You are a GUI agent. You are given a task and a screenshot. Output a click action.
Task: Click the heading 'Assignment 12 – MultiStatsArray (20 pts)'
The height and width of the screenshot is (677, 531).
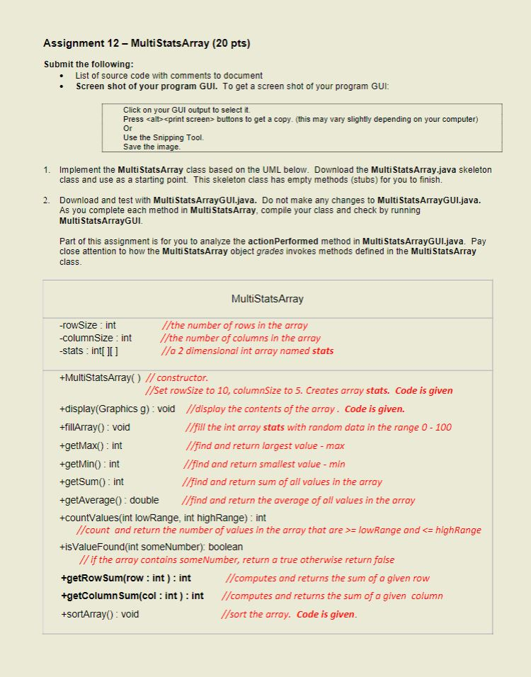coord(147,44)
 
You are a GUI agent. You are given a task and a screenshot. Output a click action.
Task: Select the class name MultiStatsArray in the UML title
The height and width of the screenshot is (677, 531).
coord(267,299)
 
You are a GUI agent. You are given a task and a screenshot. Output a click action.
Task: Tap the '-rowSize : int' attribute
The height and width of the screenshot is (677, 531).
coord(88,325)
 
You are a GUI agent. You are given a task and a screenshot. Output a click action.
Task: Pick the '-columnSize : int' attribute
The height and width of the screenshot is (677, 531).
coord(96,338)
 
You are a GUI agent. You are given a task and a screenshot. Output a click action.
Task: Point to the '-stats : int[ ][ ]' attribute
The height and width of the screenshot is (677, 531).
coord(88,351)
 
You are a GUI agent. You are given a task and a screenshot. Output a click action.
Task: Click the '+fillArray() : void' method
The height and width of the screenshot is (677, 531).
coord(95,427)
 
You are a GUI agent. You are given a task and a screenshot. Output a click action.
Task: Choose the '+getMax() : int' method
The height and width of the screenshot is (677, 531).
coord(91,445)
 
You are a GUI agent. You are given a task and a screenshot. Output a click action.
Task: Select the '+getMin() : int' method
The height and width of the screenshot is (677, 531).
coord(89,464)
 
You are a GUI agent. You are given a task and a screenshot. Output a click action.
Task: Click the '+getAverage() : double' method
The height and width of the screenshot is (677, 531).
coord(109,500)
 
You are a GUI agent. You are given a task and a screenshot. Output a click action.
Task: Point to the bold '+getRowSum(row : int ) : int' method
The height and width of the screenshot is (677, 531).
coord(126,578)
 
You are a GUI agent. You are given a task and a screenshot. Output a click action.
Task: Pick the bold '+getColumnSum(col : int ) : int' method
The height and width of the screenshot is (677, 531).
coord(132,596)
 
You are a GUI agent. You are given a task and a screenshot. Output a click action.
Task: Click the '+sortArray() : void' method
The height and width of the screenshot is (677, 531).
coord(99,614)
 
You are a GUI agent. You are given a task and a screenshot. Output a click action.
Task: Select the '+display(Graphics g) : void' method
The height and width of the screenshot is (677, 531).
coord(118,409)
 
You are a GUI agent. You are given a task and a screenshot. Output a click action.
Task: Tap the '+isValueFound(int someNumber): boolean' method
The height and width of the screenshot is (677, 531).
coord(152,547)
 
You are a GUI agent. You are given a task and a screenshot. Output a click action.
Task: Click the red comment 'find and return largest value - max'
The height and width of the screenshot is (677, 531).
coord(265,445)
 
